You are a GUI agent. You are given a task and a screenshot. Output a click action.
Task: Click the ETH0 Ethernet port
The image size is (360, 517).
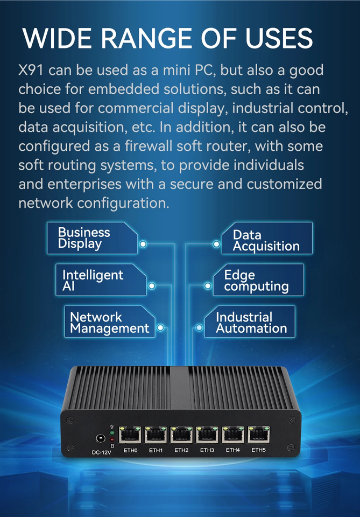pos(130,434)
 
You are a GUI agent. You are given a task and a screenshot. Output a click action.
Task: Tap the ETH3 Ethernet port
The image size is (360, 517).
pos(207,434)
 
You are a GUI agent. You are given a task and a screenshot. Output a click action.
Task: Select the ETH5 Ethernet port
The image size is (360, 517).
pos(258,434)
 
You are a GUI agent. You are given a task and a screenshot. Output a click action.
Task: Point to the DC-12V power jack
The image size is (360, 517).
pos(100,439)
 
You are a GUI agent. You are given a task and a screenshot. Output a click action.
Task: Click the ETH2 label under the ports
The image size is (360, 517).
pos(181,450)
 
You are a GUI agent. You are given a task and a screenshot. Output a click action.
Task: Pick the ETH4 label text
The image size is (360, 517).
pos(232,450)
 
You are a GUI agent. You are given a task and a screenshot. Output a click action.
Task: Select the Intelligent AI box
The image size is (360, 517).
pos(100,280)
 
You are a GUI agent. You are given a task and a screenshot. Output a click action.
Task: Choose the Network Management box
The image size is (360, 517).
pos(109,322)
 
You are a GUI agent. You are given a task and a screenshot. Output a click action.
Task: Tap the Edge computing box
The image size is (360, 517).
pos(257,280)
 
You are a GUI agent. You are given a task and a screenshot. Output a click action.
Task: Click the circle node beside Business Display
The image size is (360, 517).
pos(143,244)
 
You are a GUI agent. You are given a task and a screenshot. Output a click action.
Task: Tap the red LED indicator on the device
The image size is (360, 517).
pos(112,439)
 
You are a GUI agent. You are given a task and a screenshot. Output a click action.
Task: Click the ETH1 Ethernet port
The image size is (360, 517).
pos(156,434)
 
